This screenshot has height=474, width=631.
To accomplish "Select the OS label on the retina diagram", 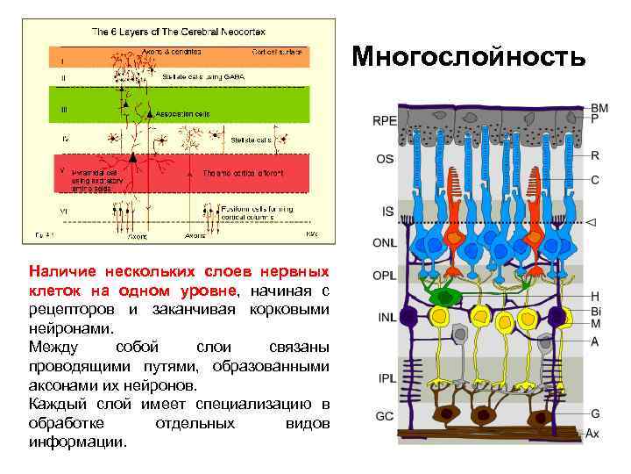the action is pyautogui.click(x=384, y=160).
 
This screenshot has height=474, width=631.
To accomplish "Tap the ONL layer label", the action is pyautogui.click(x=385, y=242).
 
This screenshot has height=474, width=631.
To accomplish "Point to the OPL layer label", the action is pyautogui.click(x=385, y=275).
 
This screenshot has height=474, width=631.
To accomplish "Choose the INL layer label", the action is pyautogui.click(x=385, y=318).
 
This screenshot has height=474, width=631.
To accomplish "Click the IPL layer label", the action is pyautogui.click(x=385, y=378).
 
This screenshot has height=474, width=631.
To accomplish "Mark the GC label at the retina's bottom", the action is pyautogui.click(x=385, y=416).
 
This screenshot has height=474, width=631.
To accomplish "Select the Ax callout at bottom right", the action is pyautogui.click(x=593, y=433).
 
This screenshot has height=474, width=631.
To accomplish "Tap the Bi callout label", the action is pyautogui.click(x=596, y=311).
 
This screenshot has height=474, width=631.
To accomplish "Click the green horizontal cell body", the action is pyautogui.click(x=444, y=297).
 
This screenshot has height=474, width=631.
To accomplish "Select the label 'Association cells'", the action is pyautogui.click(x=182, y=114).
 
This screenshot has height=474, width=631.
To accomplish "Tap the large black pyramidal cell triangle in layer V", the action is pyautogui.click(x=133, y=157).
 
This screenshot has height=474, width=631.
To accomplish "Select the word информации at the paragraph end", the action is pyautogui.click(x=77, y=442).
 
